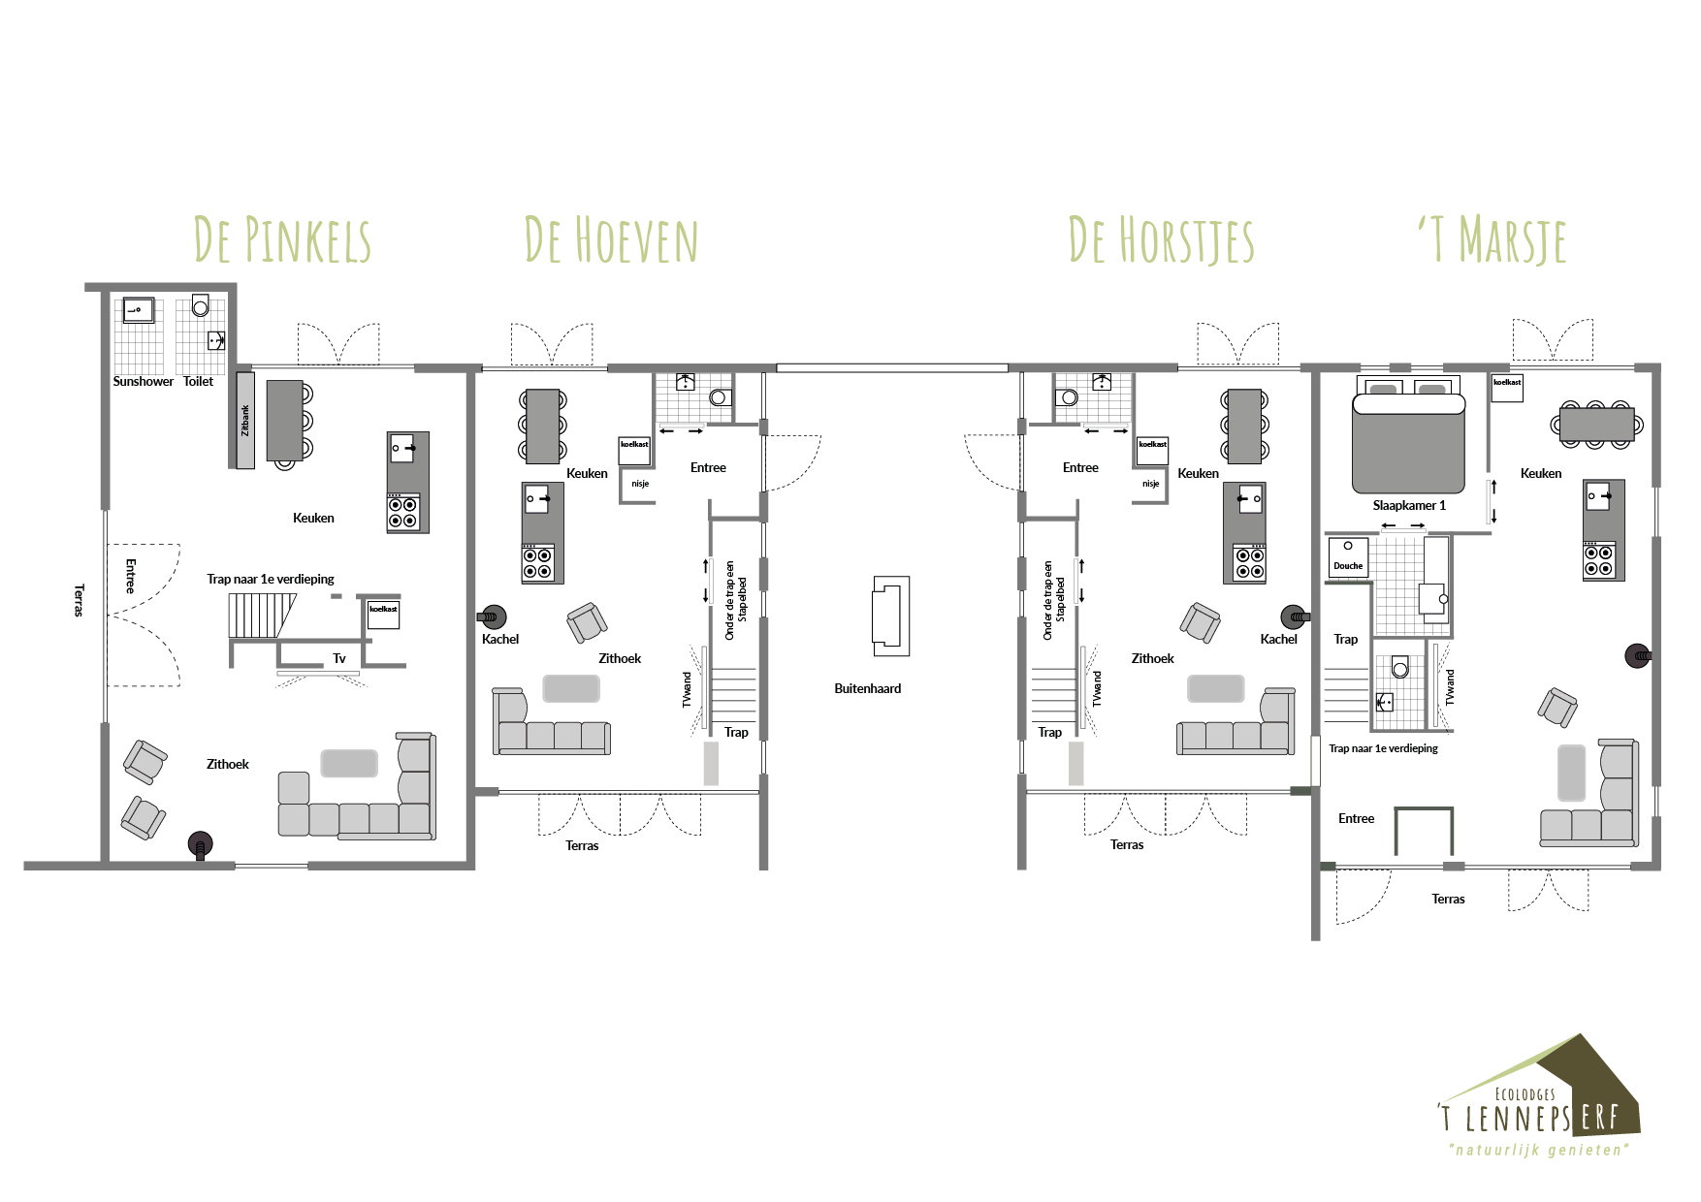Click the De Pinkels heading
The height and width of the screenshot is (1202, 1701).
pos(282,240)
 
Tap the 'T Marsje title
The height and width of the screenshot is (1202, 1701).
pos(1492,240)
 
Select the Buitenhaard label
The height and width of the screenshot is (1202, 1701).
pos(868,688)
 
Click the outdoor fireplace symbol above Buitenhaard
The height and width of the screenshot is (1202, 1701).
pos(890,616)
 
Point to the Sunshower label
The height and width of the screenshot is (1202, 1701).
pos(143,381)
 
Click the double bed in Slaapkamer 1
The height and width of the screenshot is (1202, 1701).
pos(1408,437)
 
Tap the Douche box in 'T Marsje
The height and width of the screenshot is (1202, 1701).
pos(1347,558)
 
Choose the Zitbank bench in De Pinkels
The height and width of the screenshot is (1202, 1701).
pos(245,420)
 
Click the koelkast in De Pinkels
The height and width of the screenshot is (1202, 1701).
pos(383,615)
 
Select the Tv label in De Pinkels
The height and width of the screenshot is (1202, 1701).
pos(339,658)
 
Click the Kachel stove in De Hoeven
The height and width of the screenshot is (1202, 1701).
pos(492,616)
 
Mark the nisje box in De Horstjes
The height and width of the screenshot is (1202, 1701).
pos(1151,484)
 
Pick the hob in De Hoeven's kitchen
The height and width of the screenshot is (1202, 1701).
pos(538,563)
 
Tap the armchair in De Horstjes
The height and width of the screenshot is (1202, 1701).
pos(1201,623)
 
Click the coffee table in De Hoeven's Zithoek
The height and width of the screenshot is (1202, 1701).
pos(571,688)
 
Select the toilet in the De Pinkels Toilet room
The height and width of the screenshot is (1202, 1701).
pos(201,305)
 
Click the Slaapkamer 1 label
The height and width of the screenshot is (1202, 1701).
pos(1409,505)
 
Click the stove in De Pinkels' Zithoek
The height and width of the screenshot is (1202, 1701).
pos(200,845)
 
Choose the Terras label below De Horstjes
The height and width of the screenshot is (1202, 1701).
pos(1127,845)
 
